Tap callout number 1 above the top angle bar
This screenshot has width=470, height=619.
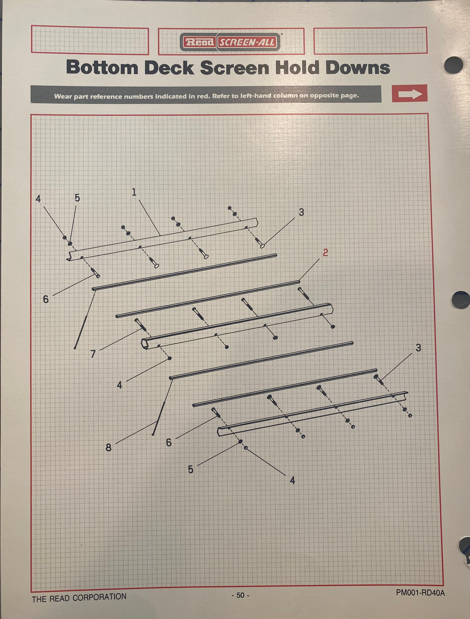point(134,192)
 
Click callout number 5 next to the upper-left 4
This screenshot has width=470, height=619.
point(77,198)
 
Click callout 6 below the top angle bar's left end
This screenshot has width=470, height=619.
point(46,300)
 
